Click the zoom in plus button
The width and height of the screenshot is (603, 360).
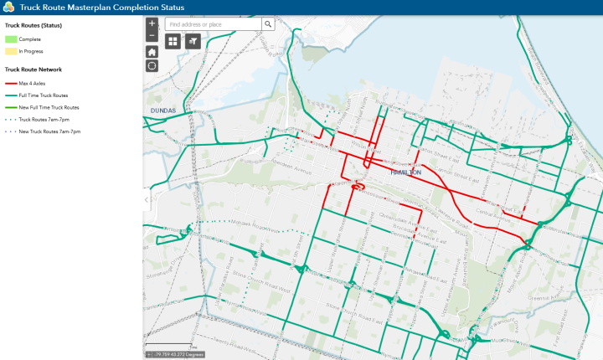coord(152,23)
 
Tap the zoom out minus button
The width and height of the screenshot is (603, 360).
coord(152,36)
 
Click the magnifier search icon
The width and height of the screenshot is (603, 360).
coord(268,24)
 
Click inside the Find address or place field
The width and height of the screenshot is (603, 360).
coord(214,24)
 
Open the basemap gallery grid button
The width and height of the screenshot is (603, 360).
coord(173,40)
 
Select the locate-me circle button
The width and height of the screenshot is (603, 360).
coord(152,65)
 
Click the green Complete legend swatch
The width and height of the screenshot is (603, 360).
coord(11,39)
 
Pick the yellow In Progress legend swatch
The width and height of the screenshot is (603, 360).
coord(11,51)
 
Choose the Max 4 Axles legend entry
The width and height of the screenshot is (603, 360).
coord(31,84)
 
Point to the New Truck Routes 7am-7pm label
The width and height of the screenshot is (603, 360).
coord(49,131)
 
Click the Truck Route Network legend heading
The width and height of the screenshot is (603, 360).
coord(33,69)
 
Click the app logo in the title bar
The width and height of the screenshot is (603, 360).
coord(8,8)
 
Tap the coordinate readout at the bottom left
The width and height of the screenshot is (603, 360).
coord(176,355)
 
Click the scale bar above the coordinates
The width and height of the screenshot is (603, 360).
coord(171,346)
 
